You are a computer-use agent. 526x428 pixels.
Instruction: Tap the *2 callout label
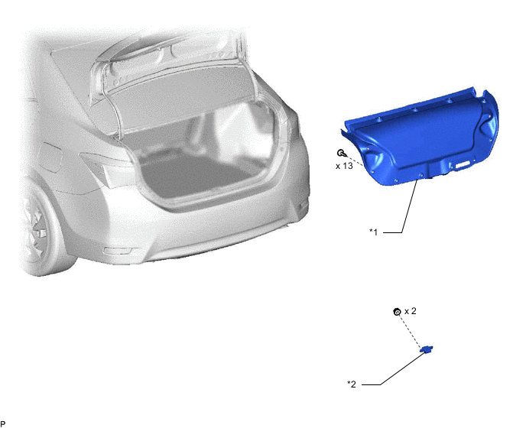pyautogui.click(x=352, y=384)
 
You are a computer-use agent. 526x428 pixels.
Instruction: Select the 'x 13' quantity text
pyautogui.click(x=343, y=165)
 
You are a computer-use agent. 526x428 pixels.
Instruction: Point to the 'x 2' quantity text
pyautogui.click(x=410, y=311)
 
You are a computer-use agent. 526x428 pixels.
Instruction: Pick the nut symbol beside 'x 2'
pyautogui.click(x=396, y=312)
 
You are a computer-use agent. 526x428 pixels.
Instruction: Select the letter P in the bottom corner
pyautogui.click(x=3, y=423)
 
